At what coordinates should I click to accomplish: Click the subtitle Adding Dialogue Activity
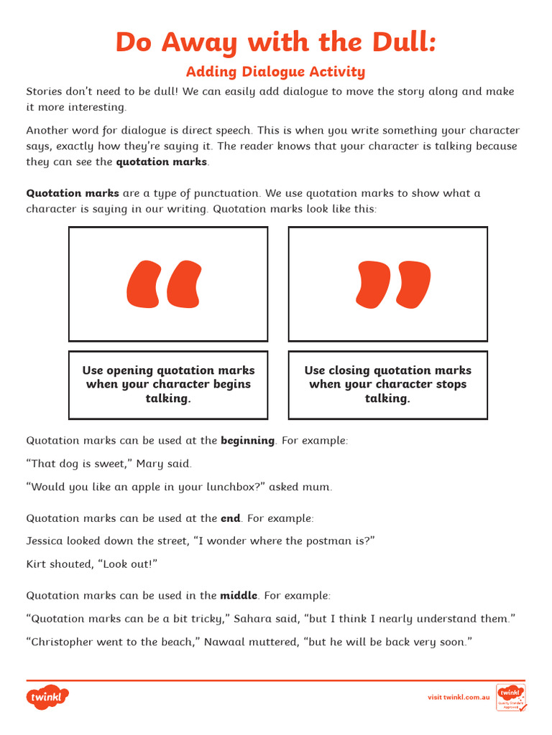(x=275, y=72)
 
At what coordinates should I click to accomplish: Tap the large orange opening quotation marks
(x=164, y=285)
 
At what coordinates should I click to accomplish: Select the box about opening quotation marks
(x=168, y=385)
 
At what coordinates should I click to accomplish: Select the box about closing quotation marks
(x=387, y=385)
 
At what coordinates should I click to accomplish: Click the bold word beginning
(x=247, y=441)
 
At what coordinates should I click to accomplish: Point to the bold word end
(x=230, y=518)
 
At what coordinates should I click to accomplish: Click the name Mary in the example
(x=149, y=464)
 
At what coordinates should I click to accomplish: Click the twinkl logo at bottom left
(x=47, y=697)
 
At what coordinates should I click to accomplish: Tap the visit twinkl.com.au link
(x=459, y=697)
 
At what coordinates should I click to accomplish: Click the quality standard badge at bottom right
(x=510, y=697)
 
